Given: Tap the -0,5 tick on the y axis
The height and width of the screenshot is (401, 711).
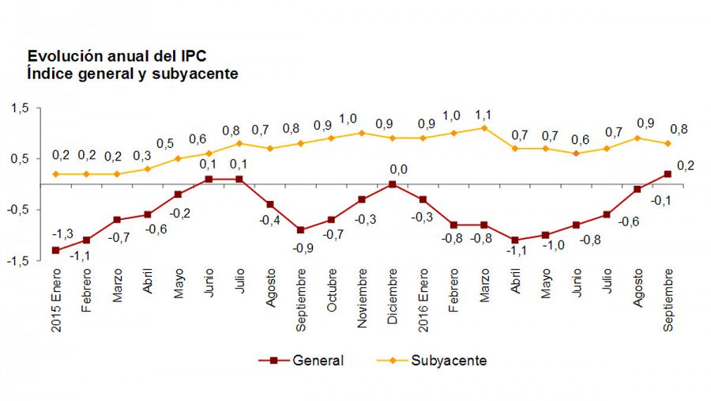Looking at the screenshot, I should pos(17,210).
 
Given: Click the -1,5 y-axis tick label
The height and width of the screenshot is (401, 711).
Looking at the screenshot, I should pos(17,260).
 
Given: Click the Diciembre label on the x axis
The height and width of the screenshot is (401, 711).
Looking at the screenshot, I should pos(393,293).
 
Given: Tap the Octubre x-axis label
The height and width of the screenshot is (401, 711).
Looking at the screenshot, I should pos(332,290).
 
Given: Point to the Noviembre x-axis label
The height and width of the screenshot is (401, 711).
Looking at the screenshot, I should pos(363,295).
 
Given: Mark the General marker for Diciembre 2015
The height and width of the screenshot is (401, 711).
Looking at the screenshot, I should pos(393,184).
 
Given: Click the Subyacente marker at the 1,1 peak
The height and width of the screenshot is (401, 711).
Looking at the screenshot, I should pos(484,128).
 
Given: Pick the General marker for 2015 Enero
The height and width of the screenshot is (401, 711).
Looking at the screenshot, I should pos(55,250).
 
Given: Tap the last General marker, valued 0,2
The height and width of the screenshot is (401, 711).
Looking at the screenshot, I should pos(668,174).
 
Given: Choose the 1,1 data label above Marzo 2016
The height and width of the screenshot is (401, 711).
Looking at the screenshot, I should pos(484,113).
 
